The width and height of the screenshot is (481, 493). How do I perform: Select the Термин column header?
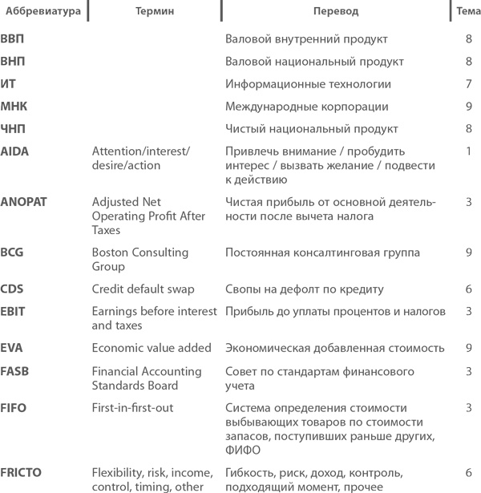[155, 11]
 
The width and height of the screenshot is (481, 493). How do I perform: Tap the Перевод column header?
[335, 11]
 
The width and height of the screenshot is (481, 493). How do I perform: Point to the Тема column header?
[467, 11]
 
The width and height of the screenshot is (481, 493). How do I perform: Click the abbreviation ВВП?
[13, 39]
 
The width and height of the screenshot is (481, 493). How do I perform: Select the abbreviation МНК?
[14, 107]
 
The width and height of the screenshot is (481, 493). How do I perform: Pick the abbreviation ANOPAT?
[24, 201]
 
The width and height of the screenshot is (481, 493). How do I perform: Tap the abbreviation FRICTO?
[22, 473]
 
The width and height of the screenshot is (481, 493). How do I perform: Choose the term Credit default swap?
[143, 289]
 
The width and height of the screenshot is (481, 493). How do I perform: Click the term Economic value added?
[152, 348]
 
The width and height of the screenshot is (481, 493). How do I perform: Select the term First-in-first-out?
[132, 408]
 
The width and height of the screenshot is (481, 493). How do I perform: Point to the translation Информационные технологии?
[308, 84]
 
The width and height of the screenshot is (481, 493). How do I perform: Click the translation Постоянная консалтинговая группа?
[322, 253]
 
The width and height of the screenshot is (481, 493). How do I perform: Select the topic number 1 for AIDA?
[468, 151]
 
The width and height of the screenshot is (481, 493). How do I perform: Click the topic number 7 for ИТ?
[468, 84]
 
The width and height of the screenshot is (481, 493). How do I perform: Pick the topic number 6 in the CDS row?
[468, 289]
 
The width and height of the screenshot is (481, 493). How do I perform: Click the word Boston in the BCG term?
[112, 253]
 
